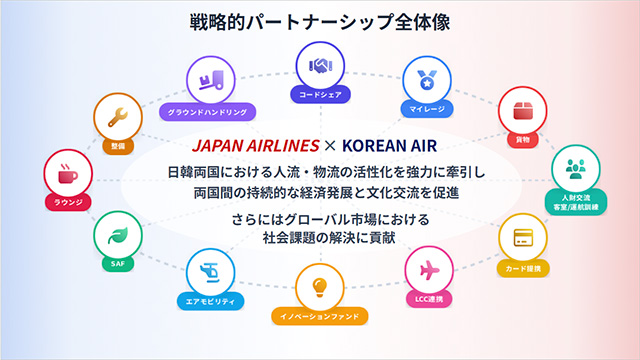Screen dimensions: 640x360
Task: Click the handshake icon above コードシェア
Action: pos(320,66)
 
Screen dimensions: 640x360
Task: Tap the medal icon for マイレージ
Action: pos(427,80)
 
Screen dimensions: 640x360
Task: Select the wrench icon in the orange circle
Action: pos(118,117)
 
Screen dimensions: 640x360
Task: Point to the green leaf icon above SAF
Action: pos(118,236)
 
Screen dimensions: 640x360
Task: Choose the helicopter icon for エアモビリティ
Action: pos(210,273)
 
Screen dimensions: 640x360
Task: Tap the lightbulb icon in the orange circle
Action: pos(320,287)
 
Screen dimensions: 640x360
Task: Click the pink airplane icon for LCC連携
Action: pos(429,270)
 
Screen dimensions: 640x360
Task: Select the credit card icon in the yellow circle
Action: pos(523,238)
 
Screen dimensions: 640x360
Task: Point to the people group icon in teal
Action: pos(576,169)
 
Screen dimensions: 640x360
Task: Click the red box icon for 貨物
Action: pos(523,111)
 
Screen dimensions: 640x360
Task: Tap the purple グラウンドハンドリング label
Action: pos(208,112)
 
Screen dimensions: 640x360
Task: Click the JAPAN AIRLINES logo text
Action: pos(256,146)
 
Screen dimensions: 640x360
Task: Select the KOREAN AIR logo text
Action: pos(389,146)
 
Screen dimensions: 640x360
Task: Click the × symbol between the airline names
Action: pos(330,146)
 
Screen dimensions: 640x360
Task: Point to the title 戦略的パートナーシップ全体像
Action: pos(320,22)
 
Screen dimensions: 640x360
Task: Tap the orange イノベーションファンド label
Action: pos(320,316)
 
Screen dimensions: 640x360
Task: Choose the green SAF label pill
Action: pos(118,264)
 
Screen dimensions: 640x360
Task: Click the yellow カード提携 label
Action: pos(523,269)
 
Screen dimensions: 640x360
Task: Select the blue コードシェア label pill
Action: pos(320,95)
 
